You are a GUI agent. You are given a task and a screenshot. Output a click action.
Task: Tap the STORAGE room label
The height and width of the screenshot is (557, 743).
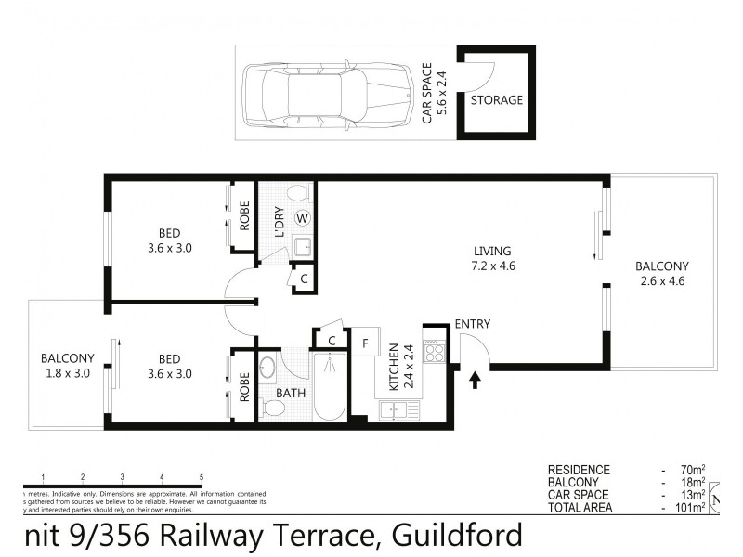pos(497,100)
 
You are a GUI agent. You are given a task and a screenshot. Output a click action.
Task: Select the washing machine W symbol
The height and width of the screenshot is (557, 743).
pos(302,219)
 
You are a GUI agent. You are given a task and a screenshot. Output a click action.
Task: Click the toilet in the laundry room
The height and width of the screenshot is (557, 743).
pos(297,193)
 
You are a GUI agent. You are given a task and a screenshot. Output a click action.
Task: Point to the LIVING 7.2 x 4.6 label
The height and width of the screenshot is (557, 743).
pos(493,259)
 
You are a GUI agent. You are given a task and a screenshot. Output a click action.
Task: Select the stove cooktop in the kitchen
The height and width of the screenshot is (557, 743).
pos(436,351)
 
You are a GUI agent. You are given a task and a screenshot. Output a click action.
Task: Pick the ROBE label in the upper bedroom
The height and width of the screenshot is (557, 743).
pos(245,215)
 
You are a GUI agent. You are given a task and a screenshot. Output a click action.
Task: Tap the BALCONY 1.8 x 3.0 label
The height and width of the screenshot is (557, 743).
pos(67,366)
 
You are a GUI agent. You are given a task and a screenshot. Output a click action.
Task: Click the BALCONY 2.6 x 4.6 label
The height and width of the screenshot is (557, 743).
pos(661,273)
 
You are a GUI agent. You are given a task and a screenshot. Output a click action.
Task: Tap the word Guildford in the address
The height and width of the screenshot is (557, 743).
pos(458,536)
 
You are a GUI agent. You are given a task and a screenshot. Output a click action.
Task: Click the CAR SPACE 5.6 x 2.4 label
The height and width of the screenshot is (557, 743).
pos(434,94)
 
